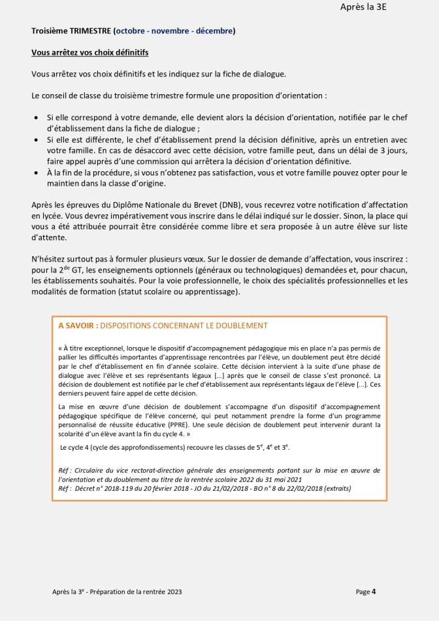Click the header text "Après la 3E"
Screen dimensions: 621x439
(x=367, y=7)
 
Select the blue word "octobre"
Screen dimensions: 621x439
(x=133, y=31)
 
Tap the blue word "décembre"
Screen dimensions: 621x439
(x=213, y=31)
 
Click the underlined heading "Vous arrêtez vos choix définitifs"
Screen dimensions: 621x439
(x=93, y=52)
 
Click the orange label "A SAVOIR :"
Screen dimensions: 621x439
(x=78, y=325)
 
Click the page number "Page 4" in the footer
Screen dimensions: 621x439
(x=366, y=592)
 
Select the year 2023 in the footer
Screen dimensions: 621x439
(x=173, y=592)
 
